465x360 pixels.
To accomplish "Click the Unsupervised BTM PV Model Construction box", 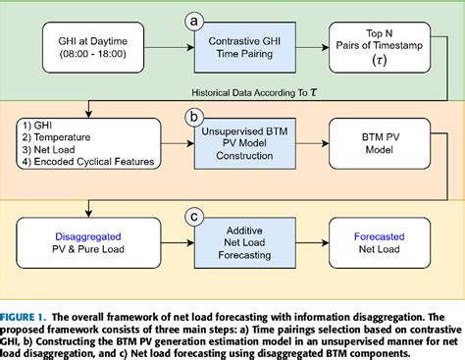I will click(x=234, y=145).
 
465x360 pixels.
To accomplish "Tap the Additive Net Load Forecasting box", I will click(x=234, y=241).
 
